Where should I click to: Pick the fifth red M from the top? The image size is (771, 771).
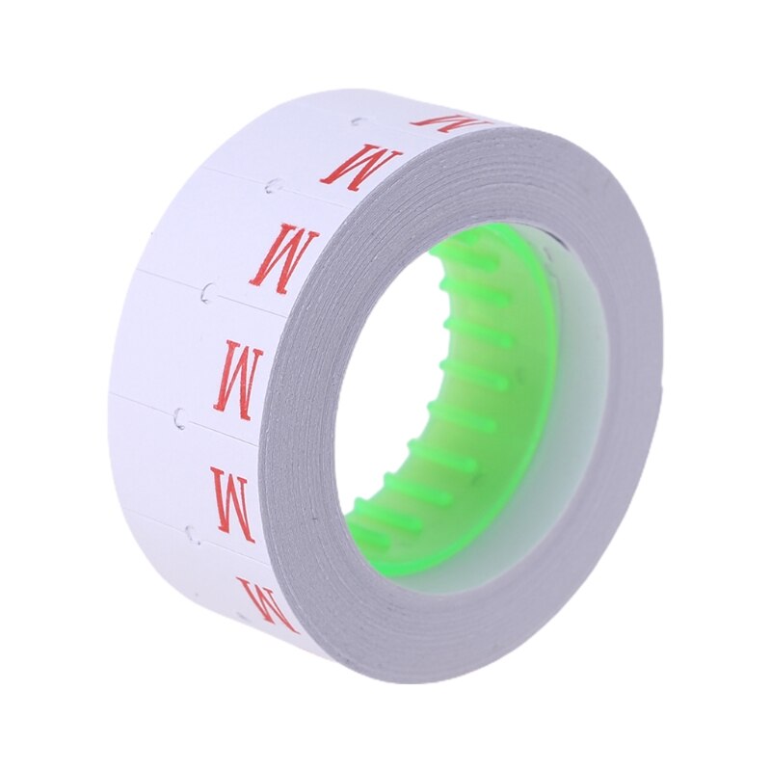[x=232, y=502]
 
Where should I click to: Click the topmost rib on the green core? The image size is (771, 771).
[x=472, y=256]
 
